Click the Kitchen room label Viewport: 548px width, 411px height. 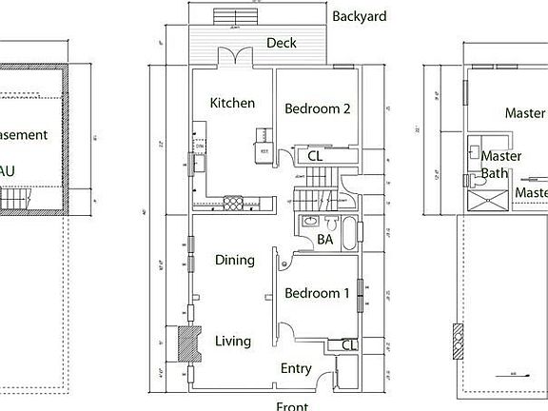tap(231, 103)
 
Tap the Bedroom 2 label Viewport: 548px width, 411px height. tap(318, 108)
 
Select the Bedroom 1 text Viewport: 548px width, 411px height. tap(318, 293)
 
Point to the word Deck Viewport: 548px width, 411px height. tap(282, 43)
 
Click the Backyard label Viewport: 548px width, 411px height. tap(360, 16)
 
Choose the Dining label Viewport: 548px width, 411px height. tap(234, 260)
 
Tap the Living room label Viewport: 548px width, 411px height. tap(232, 341)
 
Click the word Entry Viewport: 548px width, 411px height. tap(296, 368)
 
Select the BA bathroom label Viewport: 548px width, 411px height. tap(324, 240)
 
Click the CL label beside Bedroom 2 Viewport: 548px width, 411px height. tap(313, 156)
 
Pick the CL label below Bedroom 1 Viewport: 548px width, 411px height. tap(348, 344)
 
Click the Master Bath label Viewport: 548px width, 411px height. tap(500, 164)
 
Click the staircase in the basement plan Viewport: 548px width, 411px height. tap(16, 198)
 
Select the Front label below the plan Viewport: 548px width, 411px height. tap(291, 405)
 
